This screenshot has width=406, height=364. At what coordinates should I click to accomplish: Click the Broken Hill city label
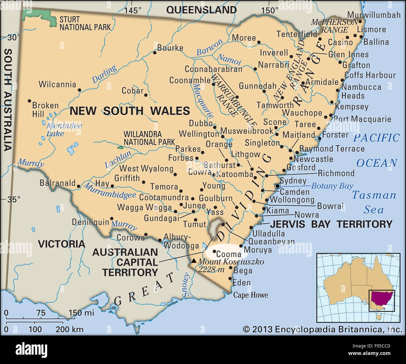pos(45,110)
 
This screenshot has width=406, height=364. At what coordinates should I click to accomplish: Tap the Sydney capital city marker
pos(277,186)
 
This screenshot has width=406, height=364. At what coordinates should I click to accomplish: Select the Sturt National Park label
pos(85,23)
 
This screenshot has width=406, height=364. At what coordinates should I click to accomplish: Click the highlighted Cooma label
pos(228,254)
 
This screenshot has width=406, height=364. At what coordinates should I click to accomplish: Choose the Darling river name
pos(104,74)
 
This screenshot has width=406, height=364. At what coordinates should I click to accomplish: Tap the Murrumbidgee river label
pos(110,191)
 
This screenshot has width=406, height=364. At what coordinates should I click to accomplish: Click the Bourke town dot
pos(155,53)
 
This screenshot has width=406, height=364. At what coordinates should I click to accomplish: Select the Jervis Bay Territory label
pos(331,224)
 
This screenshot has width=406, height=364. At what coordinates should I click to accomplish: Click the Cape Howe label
pos(250,295)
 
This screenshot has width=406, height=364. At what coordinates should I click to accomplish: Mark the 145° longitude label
pos(133,10)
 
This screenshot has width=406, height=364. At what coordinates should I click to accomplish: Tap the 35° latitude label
pos(14,199)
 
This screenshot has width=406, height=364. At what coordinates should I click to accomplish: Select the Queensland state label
pos(201,10)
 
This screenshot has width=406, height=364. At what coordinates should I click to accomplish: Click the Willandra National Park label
pos(149,138)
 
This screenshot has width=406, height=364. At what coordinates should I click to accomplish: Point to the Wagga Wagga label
pos(144,207)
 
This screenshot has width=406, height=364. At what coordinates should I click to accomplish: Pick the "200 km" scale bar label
pos(69,329)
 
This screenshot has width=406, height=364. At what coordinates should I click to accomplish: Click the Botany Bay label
pos(332,186)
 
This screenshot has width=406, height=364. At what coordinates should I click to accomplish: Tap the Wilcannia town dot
pos(79,90)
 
